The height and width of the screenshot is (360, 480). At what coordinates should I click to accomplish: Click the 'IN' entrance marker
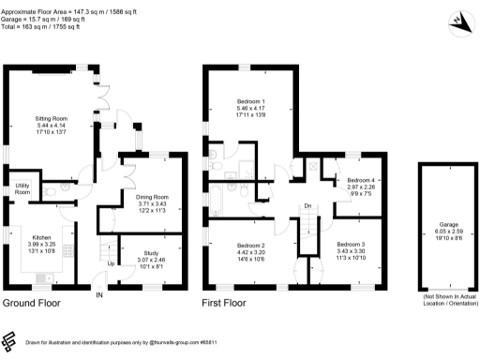point(99,296)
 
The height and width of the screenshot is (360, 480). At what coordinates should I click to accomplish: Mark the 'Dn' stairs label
point(306,206)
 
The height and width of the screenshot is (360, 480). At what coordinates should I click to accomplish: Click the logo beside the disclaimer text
point(10,341)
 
